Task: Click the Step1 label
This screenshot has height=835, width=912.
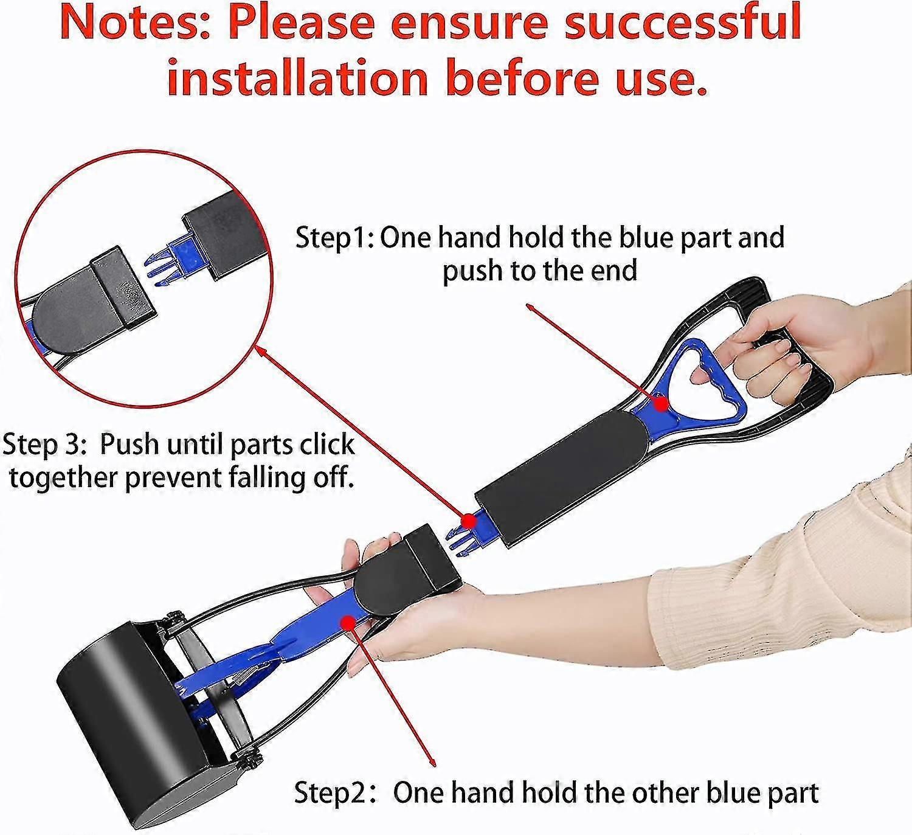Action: tap(335, 237)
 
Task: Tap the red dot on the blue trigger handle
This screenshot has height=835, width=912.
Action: tap(660, 403)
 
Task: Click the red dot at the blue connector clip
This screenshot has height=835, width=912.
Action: tap(468, 520)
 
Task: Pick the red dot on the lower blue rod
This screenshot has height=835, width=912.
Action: tap(348, 622)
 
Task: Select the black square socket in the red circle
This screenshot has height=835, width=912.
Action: tap(123, 288)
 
